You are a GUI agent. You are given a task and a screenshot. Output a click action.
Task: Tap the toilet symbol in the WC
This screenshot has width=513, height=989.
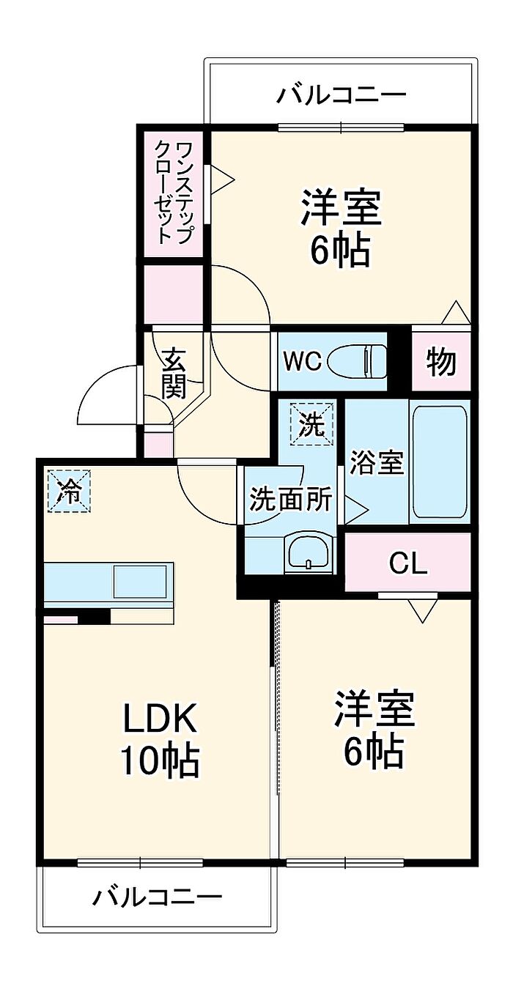[x=357, y=362]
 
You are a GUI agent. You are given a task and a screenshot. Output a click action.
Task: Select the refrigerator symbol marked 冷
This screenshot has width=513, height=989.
[x=70, y=491]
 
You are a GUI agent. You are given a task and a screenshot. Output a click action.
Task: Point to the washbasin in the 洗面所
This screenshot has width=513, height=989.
[x=308, y=553]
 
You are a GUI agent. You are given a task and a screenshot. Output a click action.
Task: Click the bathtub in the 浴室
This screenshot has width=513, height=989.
[x=439, y=462]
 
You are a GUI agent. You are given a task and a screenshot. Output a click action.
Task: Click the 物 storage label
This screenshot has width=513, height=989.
[x=440, y=362]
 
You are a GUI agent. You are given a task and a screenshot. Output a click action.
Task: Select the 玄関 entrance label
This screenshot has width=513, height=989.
[x=172, y=374]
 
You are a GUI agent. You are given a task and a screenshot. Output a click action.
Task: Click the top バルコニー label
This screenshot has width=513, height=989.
[x=341, y=95]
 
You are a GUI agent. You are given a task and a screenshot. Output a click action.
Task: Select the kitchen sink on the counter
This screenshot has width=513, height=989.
[x=141, y=582]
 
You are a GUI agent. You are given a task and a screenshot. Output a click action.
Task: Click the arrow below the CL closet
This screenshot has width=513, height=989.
[x=423, y=611]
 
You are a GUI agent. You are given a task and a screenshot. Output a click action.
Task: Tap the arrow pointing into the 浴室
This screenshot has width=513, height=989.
[x=355, y=509]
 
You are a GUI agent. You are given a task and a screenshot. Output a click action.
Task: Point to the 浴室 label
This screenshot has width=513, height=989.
[x=377, y=462]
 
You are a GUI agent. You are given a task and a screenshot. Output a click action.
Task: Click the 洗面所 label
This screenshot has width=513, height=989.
[x=290, y=500]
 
